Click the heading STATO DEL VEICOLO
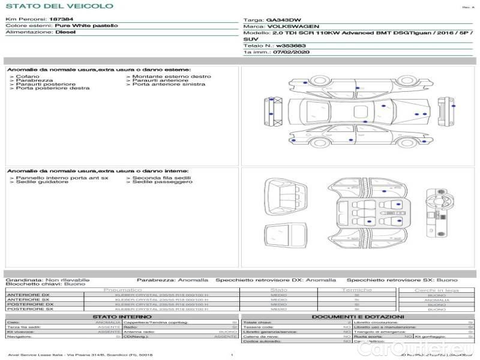coord(59,6)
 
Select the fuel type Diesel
coord(65,32)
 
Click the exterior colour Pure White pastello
coord(86,26)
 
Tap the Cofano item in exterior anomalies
coord(28,77)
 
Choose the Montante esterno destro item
coord(172,77)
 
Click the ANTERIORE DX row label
coord(28,295)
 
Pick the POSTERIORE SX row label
coord(28,310)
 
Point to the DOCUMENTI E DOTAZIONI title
coord(358,317)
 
